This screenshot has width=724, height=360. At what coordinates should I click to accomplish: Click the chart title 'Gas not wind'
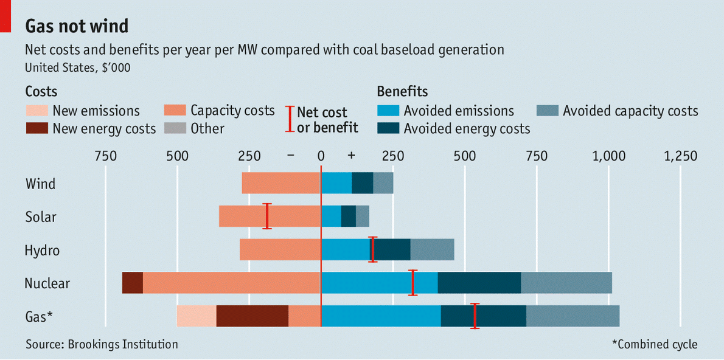[x=77, y=27]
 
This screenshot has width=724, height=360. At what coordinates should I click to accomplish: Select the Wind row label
[x=40, y=183]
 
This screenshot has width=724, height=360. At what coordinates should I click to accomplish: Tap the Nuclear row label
[x=47, y=283]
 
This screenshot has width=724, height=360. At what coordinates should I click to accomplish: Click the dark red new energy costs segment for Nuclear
[x=132, y=283]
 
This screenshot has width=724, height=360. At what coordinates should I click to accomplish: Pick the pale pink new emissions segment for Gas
[x=196, y=316]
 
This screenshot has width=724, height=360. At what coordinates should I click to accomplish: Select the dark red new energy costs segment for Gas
[x=252, y=316]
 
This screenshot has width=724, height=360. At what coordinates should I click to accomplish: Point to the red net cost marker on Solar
[x=266, y=216]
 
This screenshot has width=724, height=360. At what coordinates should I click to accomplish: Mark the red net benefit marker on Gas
[x=476, y=316]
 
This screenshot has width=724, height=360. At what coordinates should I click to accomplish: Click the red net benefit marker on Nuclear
[x=413, y=283]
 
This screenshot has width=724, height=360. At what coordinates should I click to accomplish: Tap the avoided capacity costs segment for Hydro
[x=432, y=249]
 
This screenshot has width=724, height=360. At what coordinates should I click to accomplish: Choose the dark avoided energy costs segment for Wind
[x=362, y=183]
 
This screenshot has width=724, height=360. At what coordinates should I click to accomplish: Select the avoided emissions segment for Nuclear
[x=379, y=283]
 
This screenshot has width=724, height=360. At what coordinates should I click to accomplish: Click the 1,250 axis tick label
[x=680, y=156]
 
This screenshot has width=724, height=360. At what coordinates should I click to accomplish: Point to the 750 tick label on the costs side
[x=105, y=156]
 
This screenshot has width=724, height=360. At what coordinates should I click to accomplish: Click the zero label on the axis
[x=321, y=156]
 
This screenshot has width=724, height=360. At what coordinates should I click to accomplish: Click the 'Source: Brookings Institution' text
[x=102, y=344]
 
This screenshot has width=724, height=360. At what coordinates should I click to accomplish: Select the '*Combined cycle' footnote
[x=655, y=344]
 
